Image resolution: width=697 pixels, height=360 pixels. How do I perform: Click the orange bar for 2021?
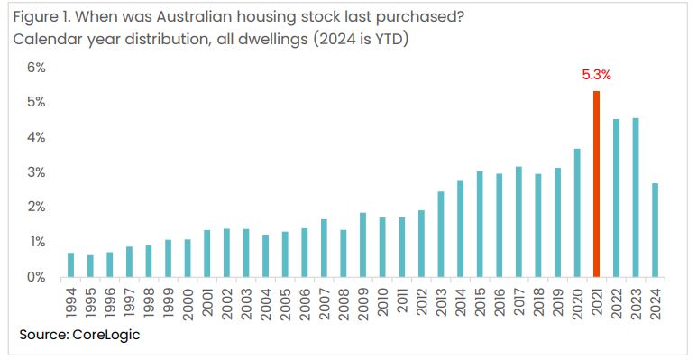(x=596, y=184)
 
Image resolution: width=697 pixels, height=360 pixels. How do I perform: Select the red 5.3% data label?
(x=596, y=76)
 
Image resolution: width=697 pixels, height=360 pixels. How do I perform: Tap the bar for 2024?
(x=655, y=230)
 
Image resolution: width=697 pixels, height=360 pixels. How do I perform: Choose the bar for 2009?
(x=362, y=245)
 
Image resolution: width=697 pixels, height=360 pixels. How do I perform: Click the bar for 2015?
(x=480, y=224)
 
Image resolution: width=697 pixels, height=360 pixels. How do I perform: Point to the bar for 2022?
(x=616, y=198)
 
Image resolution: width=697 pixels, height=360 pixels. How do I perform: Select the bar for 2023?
(x=636, y=198)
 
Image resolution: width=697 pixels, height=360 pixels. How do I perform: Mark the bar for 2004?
(x=265, y=256)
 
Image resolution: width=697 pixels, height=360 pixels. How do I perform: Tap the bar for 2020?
(x=577, y=213)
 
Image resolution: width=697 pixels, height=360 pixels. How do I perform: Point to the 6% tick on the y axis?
(x=35, y=68)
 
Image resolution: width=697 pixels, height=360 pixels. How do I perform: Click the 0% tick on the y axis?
(x=35, y=277)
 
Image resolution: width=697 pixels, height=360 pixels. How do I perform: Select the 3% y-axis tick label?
(x=35, y=172)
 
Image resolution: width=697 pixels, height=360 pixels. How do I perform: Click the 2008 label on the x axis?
(x=344, y=301)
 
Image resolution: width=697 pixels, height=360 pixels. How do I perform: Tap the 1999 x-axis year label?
(x=169, y=301)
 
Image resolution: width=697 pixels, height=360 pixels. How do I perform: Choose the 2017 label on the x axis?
(x=518, y=301)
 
